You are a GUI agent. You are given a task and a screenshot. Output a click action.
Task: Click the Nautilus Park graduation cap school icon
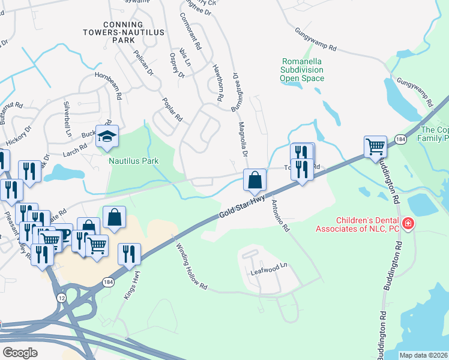[x=107, y=137]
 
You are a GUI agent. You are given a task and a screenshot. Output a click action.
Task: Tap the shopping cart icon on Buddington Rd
[x=375, y=146]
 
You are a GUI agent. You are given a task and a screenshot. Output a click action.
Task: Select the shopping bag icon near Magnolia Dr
[x=255, y=179]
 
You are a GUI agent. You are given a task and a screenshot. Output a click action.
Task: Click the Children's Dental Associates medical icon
[x=408, y=223]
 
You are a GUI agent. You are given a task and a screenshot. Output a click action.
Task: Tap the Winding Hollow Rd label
[x=191, y=266]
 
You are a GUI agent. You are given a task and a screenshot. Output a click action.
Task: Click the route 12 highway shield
[x=62, y=297]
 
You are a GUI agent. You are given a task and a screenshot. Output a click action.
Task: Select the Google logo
[x=20, y=352]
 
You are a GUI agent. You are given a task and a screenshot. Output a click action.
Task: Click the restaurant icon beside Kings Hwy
[x=129, y=254]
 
